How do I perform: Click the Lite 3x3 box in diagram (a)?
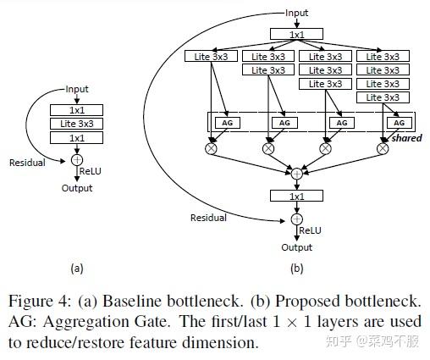coord(76,124)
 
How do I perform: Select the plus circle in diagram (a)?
coord(77,158)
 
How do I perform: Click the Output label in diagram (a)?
coord(77,188)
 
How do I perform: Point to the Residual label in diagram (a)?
coord(27,162)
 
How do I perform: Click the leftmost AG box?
coord(225,123)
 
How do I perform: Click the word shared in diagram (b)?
coord(406,138)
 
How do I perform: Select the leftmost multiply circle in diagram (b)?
coord(211,148)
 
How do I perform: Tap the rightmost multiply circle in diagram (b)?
coord(382,148)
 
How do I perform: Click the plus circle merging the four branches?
coord(296,173)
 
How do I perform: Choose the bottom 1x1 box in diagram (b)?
coord(296,196)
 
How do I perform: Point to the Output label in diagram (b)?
coord(296,247)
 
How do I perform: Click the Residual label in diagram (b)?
coord(208,218)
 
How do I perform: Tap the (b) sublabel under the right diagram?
coord(296,269)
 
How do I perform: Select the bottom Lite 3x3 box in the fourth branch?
coord(382,97)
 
